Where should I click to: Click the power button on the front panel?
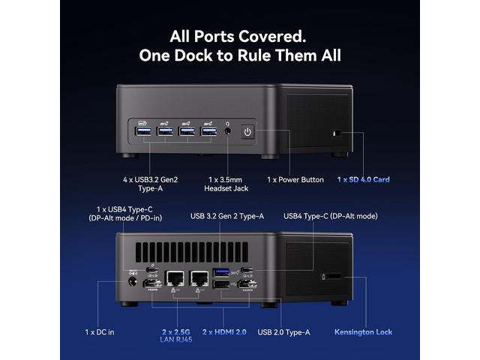tap(247, 132)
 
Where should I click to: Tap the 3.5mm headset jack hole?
tap(227, 131)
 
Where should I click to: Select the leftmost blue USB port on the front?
tap(143, 131)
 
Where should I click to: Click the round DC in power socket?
tap(132, 281)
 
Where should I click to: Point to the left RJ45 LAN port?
tap(175, 278)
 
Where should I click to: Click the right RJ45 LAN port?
tap(199, 278)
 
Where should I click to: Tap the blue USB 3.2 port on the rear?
tap(221, 272)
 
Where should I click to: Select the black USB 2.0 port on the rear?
tap(221, 284)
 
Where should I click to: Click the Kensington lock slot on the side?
tap(333, 277)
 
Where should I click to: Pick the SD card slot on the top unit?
tap(337, 133)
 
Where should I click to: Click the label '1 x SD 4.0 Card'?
tap(363, 180)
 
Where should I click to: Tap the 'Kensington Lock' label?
tap(363, 332)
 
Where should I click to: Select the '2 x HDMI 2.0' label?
tap(224, 332)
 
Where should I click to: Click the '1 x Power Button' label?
tap(295, 180)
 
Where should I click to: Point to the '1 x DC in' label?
tap(100, 332)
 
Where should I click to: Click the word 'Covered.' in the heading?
tap(272, 37)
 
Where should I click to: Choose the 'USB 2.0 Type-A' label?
tap(283, 332)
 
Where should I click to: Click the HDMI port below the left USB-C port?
tap(152, 283)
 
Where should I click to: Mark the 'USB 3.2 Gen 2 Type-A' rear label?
tap(227, 217)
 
